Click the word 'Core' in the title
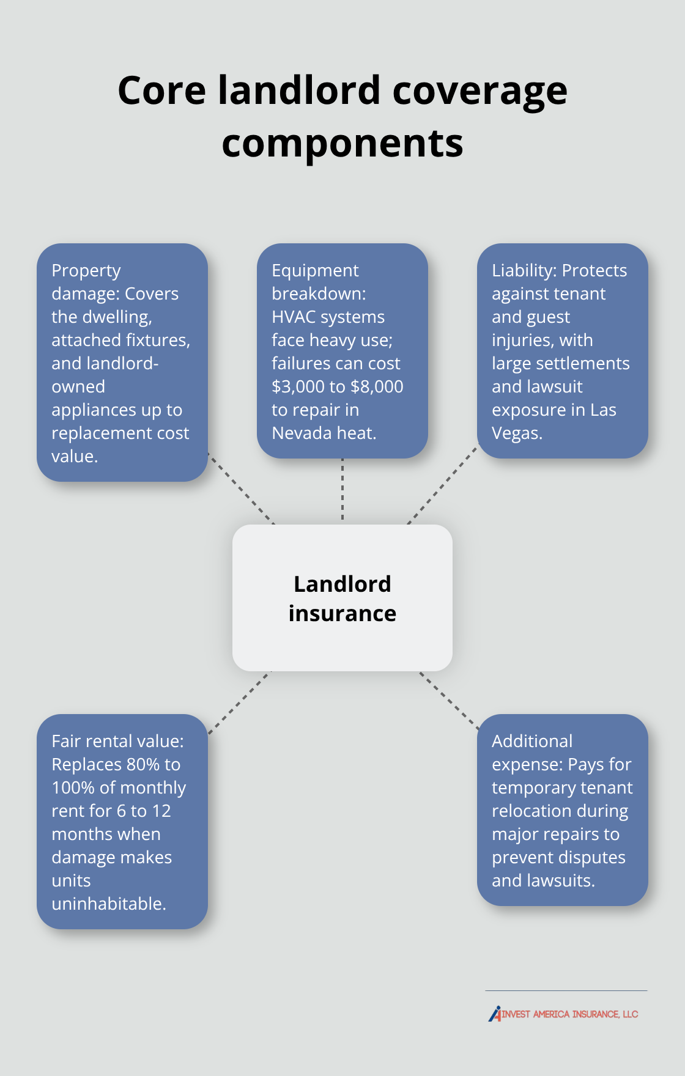[162, 90]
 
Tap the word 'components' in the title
[342, 143]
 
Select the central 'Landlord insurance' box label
[342, 599]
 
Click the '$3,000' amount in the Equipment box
[298, 386]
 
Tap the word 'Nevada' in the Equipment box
[300, 433]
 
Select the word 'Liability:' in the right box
[524, 270]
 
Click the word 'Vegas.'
[517, 433]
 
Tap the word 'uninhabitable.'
[109, 904]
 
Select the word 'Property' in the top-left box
[86, 270]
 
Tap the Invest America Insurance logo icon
[495, 1014]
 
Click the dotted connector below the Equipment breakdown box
[342, 489]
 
